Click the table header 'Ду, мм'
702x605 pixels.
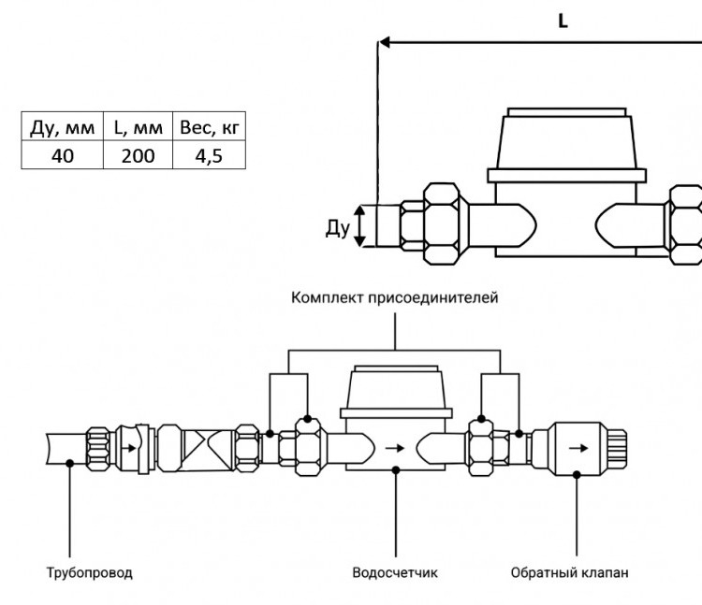click(62, 127)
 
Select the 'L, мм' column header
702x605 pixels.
click(138, 127)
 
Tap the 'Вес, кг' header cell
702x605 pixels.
click(210, 127)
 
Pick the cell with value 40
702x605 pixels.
click(62, 156)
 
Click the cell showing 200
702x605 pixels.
click(138, 156)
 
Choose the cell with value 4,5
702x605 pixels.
click(209, 156)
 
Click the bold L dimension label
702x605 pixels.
click(563, 21)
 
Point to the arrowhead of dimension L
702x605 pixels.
click(384, 42)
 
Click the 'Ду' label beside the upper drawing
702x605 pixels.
click(338, 228)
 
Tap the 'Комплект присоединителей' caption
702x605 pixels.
click(394, 297)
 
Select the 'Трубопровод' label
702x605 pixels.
click(90, 573)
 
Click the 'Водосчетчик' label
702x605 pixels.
click(395, 573)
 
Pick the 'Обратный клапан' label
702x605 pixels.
click(569, 573)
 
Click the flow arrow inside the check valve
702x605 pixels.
click(578, 448)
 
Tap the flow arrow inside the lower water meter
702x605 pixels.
click(394, 448)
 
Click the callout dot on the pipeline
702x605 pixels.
click(69, 463)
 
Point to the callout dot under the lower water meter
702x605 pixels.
click(396, 470)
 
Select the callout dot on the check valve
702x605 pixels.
click(578, 475)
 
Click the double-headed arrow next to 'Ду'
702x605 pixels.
click(359, 225)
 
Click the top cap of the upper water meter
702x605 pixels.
click(567, 112)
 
